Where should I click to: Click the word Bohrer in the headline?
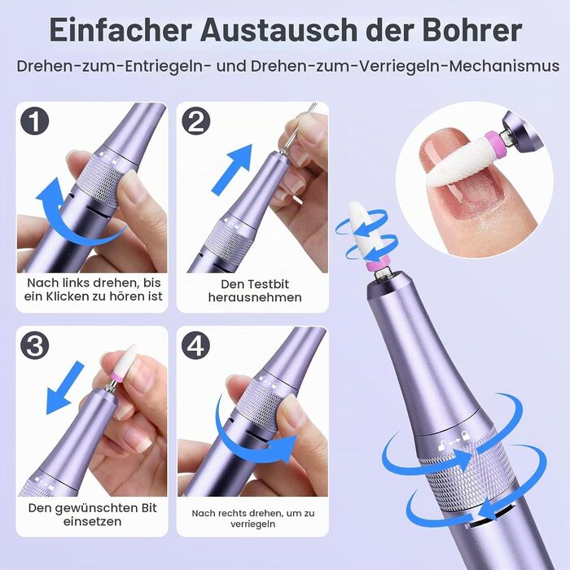point(472,30)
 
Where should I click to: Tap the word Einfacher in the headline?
point(121,30)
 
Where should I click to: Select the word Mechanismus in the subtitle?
point(504,67)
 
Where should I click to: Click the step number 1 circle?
point(35,121)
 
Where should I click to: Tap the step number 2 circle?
point(196,121)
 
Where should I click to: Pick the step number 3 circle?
point(35,344)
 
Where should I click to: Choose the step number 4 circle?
point(196,344)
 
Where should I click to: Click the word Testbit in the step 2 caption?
point(270,284)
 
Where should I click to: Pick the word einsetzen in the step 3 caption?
point(92,522)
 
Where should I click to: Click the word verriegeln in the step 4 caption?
point(252,524)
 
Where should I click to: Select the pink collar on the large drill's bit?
point(376,265)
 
